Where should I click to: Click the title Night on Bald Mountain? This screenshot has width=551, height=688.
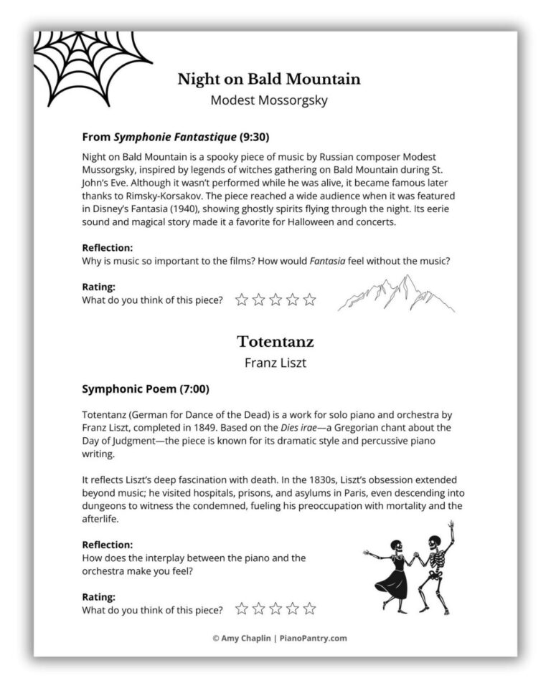268,79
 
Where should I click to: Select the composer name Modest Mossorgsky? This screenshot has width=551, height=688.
268,100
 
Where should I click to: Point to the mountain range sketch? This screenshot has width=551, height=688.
396,294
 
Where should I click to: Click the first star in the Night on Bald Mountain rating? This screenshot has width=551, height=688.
242,300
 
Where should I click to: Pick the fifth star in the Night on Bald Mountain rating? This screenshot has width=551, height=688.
309,300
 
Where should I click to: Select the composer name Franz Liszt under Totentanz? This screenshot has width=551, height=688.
275,363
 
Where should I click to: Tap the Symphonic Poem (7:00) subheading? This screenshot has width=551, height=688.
146,390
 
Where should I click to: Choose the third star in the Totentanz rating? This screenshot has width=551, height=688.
275,609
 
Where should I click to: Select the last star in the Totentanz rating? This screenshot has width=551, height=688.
309,609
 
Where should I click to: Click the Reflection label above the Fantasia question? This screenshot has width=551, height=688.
108,248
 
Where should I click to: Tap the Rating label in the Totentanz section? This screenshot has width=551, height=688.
99,596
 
